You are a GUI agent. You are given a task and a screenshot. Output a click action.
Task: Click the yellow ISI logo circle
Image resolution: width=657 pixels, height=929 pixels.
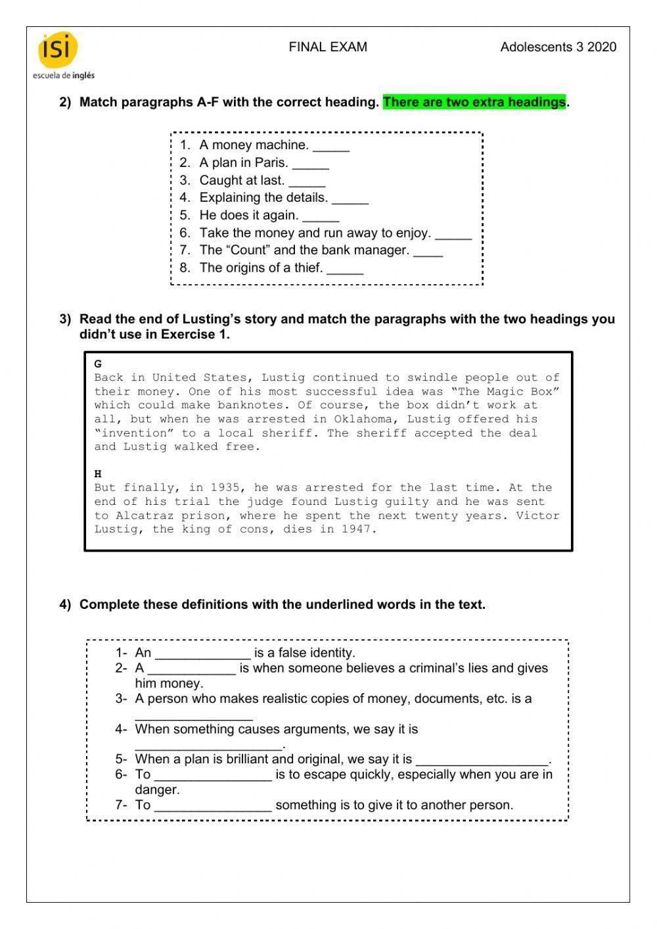coord(58,50)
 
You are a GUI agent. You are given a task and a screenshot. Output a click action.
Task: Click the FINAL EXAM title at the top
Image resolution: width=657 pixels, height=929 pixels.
coord(328,47)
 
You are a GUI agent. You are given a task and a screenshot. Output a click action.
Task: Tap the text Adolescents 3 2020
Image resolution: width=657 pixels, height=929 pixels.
coord(558,47)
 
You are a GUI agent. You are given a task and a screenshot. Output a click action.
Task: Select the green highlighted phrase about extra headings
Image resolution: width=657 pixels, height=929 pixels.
coord(474,102)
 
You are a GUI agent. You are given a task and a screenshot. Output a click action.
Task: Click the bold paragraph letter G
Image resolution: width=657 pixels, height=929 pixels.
coord(98,364)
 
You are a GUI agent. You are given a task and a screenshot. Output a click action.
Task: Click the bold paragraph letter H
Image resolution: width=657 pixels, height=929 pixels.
coord(98,473)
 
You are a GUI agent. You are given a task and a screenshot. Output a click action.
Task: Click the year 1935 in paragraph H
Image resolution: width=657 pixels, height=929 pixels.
coord(225,488)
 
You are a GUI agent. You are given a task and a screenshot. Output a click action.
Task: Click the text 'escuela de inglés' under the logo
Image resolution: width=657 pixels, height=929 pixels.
coord(64,76)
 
